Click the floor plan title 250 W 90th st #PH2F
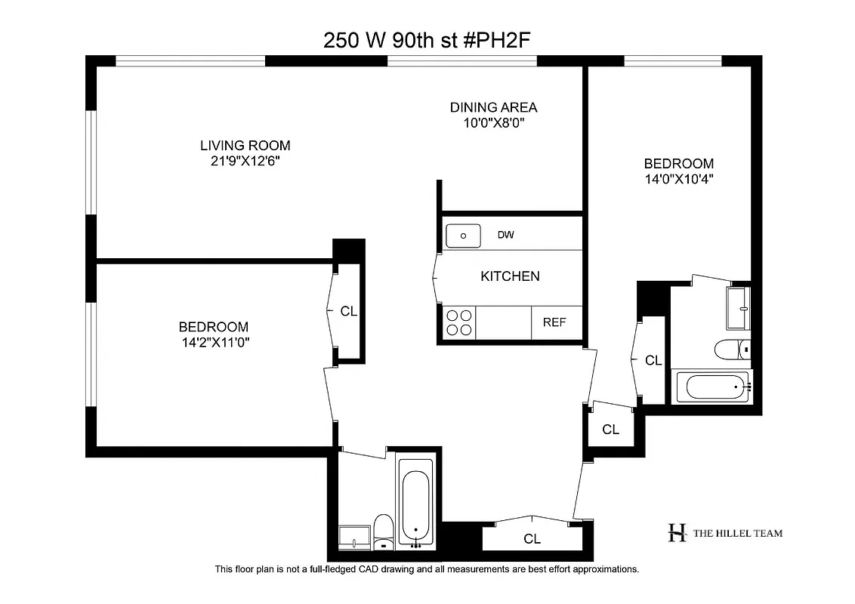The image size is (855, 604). pos(427,40)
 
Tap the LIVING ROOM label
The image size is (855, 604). pos(245,146)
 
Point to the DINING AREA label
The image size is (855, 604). pos(493,107)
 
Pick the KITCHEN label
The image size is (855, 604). pos(510,276)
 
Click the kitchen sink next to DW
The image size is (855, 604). pos(463,236)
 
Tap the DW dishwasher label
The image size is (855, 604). pos(505,236)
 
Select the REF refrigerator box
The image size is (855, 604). pos(555,322)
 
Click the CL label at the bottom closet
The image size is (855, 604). pos(532,539)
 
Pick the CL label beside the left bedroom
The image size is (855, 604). pos(349,310)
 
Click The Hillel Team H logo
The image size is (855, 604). pos(677,533)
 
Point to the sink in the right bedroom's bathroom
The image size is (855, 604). pos(738,308)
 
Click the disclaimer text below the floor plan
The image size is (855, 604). pos(427,569)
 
